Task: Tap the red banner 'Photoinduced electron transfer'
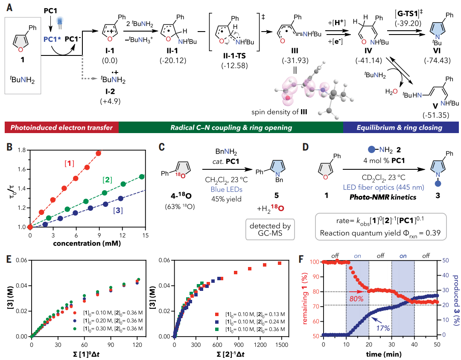tap(61, 128)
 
